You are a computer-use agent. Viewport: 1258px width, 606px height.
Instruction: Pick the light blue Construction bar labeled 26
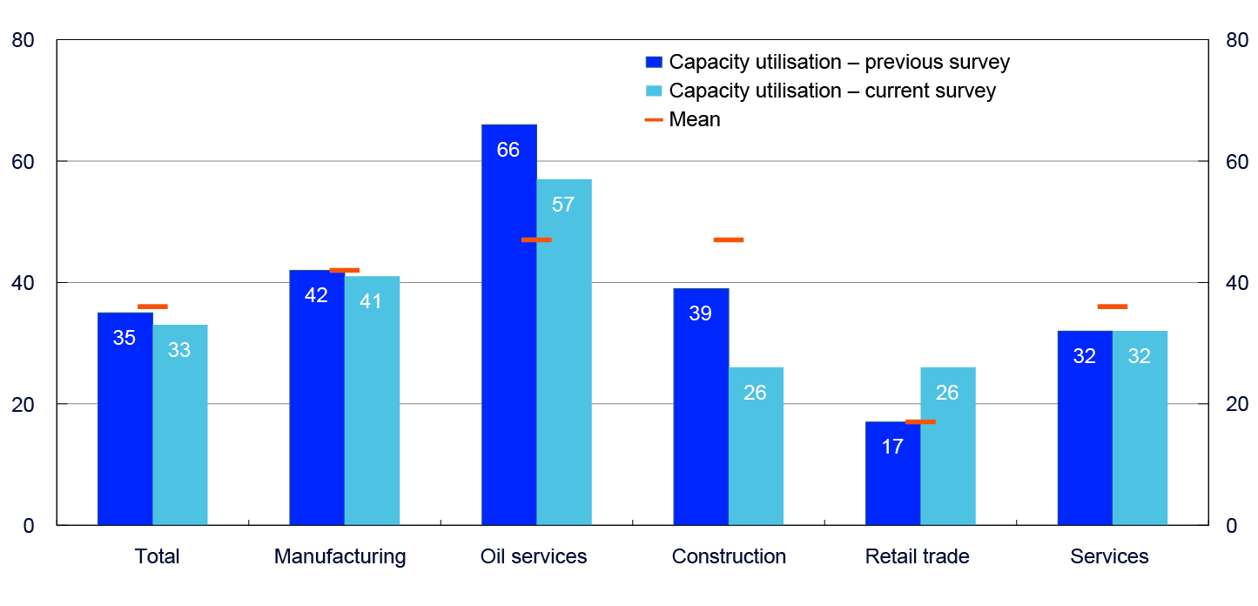click(x=756, y=453)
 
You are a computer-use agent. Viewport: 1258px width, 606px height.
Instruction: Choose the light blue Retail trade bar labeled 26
click(x=948, y=453)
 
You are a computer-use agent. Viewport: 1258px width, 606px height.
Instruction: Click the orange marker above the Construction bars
click(x=729, y=239)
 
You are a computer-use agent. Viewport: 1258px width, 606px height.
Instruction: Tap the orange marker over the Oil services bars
click(x=536, y=239)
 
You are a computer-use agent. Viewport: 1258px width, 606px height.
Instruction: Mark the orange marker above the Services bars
click(x=1113, y=306)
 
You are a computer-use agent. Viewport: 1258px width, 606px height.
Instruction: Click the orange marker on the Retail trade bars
click(x=920, y=421)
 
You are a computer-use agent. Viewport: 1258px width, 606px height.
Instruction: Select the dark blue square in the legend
click(x=654, y=62)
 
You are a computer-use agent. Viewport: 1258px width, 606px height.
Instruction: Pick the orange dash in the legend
click(x=654, y=119)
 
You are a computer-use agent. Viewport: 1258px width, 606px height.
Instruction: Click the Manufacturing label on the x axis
click(x=340, y=556)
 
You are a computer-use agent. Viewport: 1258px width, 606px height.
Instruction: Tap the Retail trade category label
click(x=917, y=556)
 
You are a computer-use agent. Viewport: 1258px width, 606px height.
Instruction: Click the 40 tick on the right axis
click(x=1236, y=283)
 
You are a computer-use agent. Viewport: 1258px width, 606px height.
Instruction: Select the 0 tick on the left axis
click(x=28, y=526)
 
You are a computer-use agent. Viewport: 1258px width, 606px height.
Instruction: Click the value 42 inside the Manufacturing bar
click(x=316, y=295)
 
